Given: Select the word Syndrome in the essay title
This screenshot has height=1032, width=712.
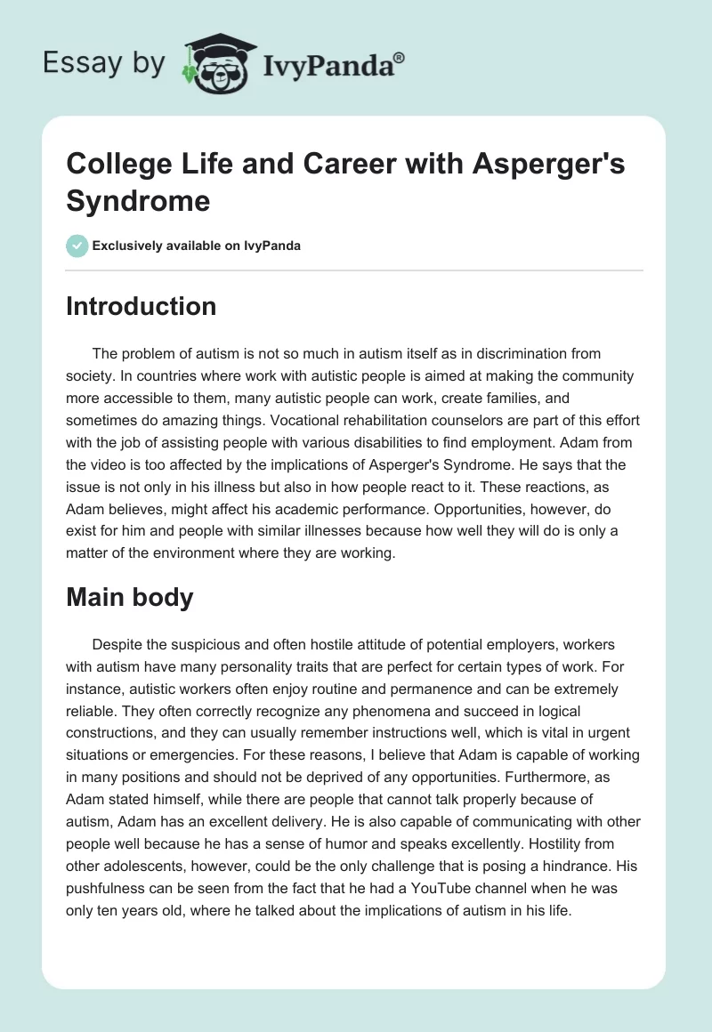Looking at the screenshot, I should pos(138,200).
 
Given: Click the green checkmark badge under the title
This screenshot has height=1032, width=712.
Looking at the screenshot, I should pos(77,246).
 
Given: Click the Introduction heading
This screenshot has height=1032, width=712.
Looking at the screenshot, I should pos(142,306).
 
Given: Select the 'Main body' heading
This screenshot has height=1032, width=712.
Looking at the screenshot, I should pos(130,597).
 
